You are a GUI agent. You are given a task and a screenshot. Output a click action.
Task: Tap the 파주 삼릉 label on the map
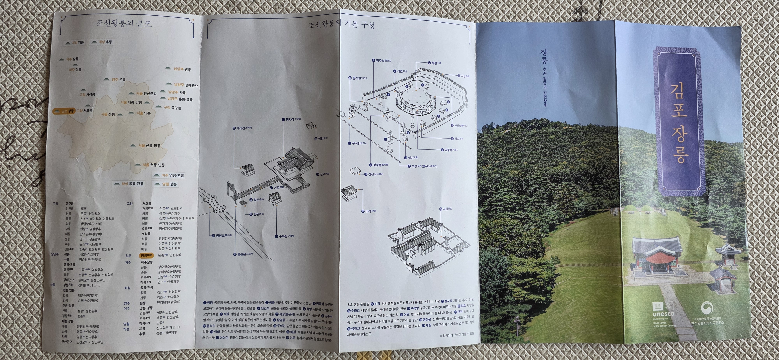75,70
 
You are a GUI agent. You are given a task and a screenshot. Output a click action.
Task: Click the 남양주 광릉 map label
182,69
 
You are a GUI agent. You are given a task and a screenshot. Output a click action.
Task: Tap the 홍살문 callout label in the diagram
245,254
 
